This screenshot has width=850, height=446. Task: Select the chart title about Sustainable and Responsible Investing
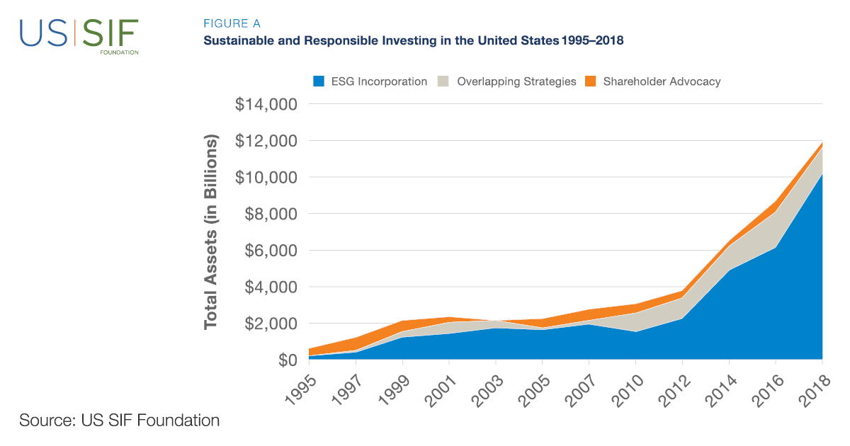click(x=413, y=40)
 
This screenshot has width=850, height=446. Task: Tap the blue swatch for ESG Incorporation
click(x=319, y=81)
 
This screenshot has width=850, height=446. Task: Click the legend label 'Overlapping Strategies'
click(x=516, y=81)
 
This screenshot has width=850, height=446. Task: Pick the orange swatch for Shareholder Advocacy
click(x=591, y=81)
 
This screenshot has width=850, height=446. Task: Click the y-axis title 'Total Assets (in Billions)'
click(x=210, y=232)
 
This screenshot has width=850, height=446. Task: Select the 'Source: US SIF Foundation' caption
click(x=120, y=420)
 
